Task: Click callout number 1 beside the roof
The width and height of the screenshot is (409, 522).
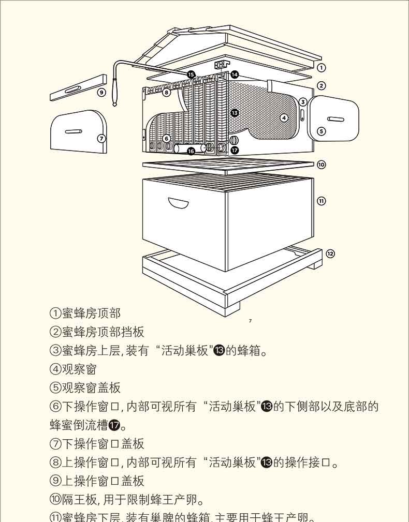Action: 321,68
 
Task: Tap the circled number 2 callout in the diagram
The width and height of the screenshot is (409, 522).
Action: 321,86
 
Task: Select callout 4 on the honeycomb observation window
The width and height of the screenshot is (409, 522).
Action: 284,118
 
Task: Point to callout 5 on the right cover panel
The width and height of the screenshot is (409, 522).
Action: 321,131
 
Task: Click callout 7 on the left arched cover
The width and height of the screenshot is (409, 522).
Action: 101,138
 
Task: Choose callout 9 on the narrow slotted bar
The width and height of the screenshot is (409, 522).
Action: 101,93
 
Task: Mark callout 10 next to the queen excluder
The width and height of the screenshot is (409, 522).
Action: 321,165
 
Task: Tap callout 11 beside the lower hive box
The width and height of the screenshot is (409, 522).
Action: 321,201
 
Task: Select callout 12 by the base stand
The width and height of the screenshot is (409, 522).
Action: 330,253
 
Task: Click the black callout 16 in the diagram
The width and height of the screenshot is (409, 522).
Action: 191,151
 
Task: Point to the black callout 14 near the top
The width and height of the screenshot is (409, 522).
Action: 234,74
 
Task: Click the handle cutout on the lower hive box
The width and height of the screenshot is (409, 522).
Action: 178,203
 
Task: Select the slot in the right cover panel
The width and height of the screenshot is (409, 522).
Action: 335,120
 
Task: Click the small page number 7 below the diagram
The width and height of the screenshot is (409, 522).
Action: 251,321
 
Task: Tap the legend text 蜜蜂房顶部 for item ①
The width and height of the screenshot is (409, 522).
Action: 91,314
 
